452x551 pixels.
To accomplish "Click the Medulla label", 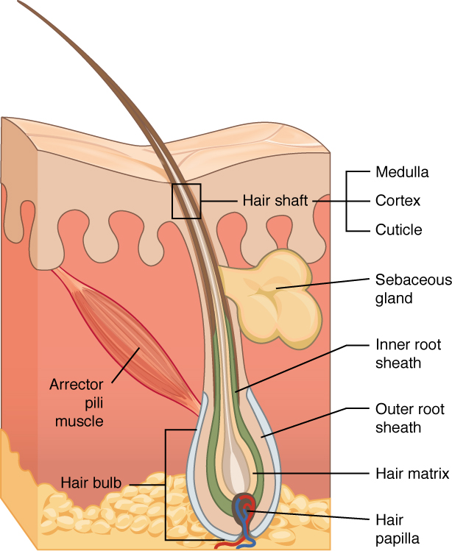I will pos(401,173).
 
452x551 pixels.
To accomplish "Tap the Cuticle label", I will pos(398,230).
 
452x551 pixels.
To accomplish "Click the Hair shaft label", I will pos(275,200).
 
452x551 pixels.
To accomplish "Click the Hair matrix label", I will pos(412,474).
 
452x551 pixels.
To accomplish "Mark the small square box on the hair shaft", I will pos(186,201).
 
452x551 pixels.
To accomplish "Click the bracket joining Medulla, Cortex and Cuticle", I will pos(347,200).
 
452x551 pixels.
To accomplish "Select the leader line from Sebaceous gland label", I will pos(324,282).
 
